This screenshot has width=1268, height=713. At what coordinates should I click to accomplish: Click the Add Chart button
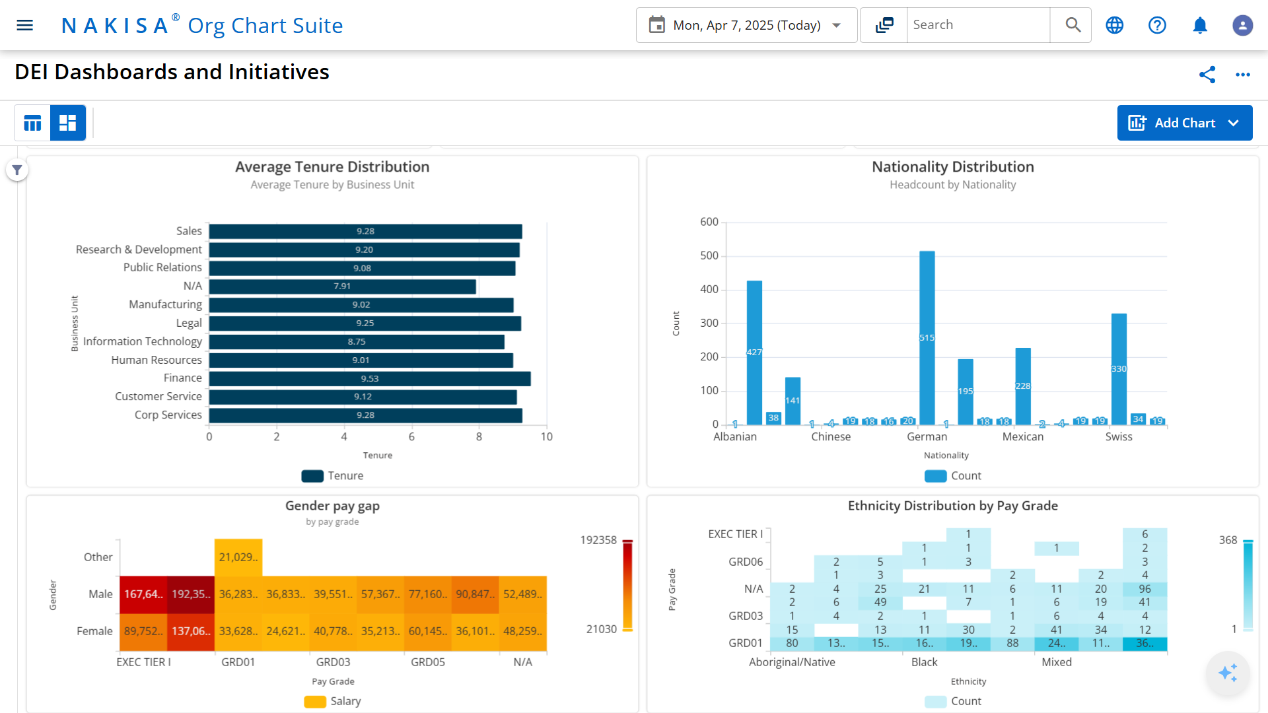click(x=1184, y=123)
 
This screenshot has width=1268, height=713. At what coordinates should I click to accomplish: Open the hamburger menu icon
click(x=24, y=25)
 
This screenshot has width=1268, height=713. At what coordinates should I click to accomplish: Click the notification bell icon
click(x=1199, y=25)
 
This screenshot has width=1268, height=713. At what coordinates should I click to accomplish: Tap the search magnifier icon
click(x=1073, y=25)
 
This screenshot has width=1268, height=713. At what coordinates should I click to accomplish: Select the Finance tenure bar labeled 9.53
click(x=370, y=378)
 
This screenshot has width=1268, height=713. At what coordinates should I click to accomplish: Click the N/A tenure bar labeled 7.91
click(x=342, y=287)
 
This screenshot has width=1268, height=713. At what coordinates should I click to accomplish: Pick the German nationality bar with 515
click(x=927, y=337)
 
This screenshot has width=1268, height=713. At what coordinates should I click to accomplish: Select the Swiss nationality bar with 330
click(x=1118, y=368)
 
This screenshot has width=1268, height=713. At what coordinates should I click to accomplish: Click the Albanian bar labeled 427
click(x=754, y=352)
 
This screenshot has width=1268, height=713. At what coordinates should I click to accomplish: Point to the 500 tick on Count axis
click(x=709, y=255)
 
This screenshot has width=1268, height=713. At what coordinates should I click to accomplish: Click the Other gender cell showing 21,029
click(x=238, y=557)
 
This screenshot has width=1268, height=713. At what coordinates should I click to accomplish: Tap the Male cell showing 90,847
click(x=475, y=594)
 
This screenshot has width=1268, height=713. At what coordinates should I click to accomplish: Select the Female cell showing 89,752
click(x=143, y=631)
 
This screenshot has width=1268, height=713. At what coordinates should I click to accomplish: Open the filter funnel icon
click(x=17, y=170)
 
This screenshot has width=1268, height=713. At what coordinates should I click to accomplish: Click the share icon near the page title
click(x=1207, y=75)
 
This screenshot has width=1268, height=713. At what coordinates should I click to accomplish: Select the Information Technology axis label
click(x=142, y=341)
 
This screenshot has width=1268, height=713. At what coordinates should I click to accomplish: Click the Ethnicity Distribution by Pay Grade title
click(x=952, y=506)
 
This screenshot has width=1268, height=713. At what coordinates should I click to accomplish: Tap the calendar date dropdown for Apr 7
click(x=746, y=25)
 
